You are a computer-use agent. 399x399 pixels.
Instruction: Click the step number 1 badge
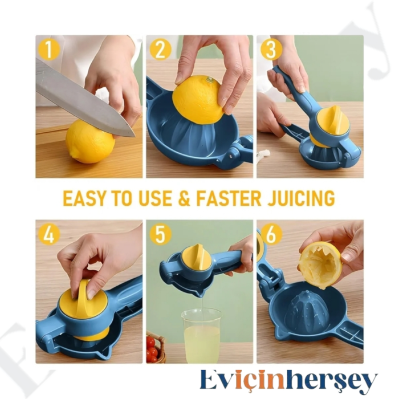click(48, 50)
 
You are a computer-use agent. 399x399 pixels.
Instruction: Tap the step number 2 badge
click(160, 50)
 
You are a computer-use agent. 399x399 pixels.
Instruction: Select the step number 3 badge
click(271, 50)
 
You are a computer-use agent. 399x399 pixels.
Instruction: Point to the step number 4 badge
click(48, 234)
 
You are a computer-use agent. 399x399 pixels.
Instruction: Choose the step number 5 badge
click(160, 234)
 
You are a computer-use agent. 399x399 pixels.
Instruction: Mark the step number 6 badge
click(271, 234)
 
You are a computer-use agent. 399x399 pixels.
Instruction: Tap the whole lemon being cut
click(89, 141)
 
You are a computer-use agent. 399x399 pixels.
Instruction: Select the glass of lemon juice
click(201, 336)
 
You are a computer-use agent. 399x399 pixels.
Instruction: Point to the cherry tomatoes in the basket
click(152, 348)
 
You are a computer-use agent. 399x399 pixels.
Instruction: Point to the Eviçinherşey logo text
click(288, 381)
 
